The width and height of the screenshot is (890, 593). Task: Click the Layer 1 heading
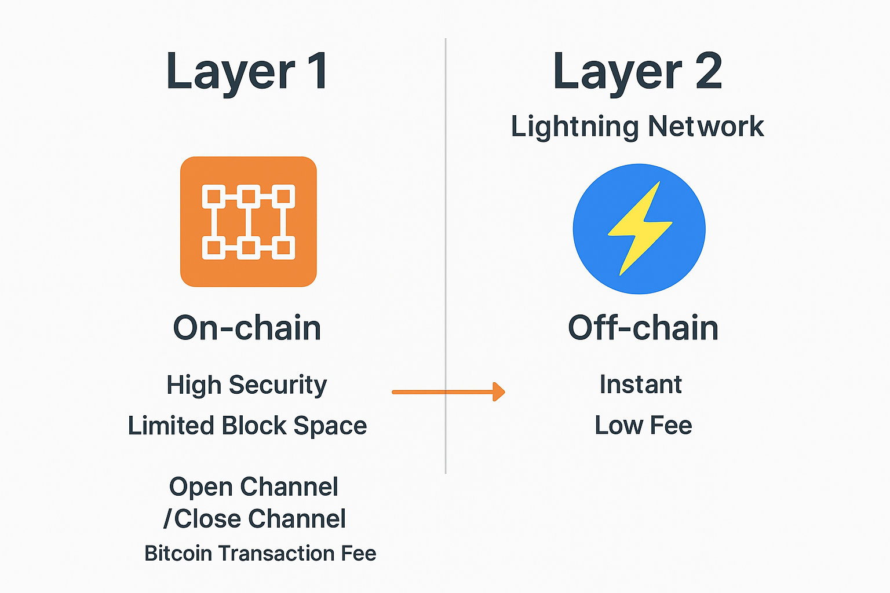[247, 72]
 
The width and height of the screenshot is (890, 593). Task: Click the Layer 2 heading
[637, 72]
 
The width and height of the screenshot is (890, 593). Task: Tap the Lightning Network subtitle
[637, 126]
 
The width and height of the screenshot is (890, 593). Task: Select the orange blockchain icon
[249, 222]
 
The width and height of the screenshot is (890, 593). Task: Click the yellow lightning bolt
[640, 228]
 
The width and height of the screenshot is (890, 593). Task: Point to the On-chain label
[247, 328]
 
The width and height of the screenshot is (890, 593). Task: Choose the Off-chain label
[643, 328]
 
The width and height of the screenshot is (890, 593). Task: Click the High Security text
[247, 385]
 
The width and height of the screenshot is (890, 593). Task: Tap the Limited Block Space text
[247, 426]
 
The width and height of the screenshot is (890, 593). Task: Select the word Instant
[641, 385]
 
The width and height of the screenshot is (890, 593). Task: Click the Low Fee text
[643, 426]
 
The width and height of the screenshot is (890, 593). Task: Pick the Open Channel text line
[254, 487]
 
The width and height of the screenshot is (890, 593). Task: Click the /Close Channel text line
[255, 519]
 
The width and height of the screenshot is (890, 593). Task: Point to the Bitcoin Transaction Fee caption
[260, 554]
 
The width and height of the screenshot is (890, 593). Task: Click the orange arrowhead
[499, 392]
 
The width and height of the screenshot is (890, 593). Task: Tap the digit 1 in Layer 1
[316, 71]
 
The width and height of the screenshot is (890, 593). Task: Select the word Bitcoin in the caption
[178, 554]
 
